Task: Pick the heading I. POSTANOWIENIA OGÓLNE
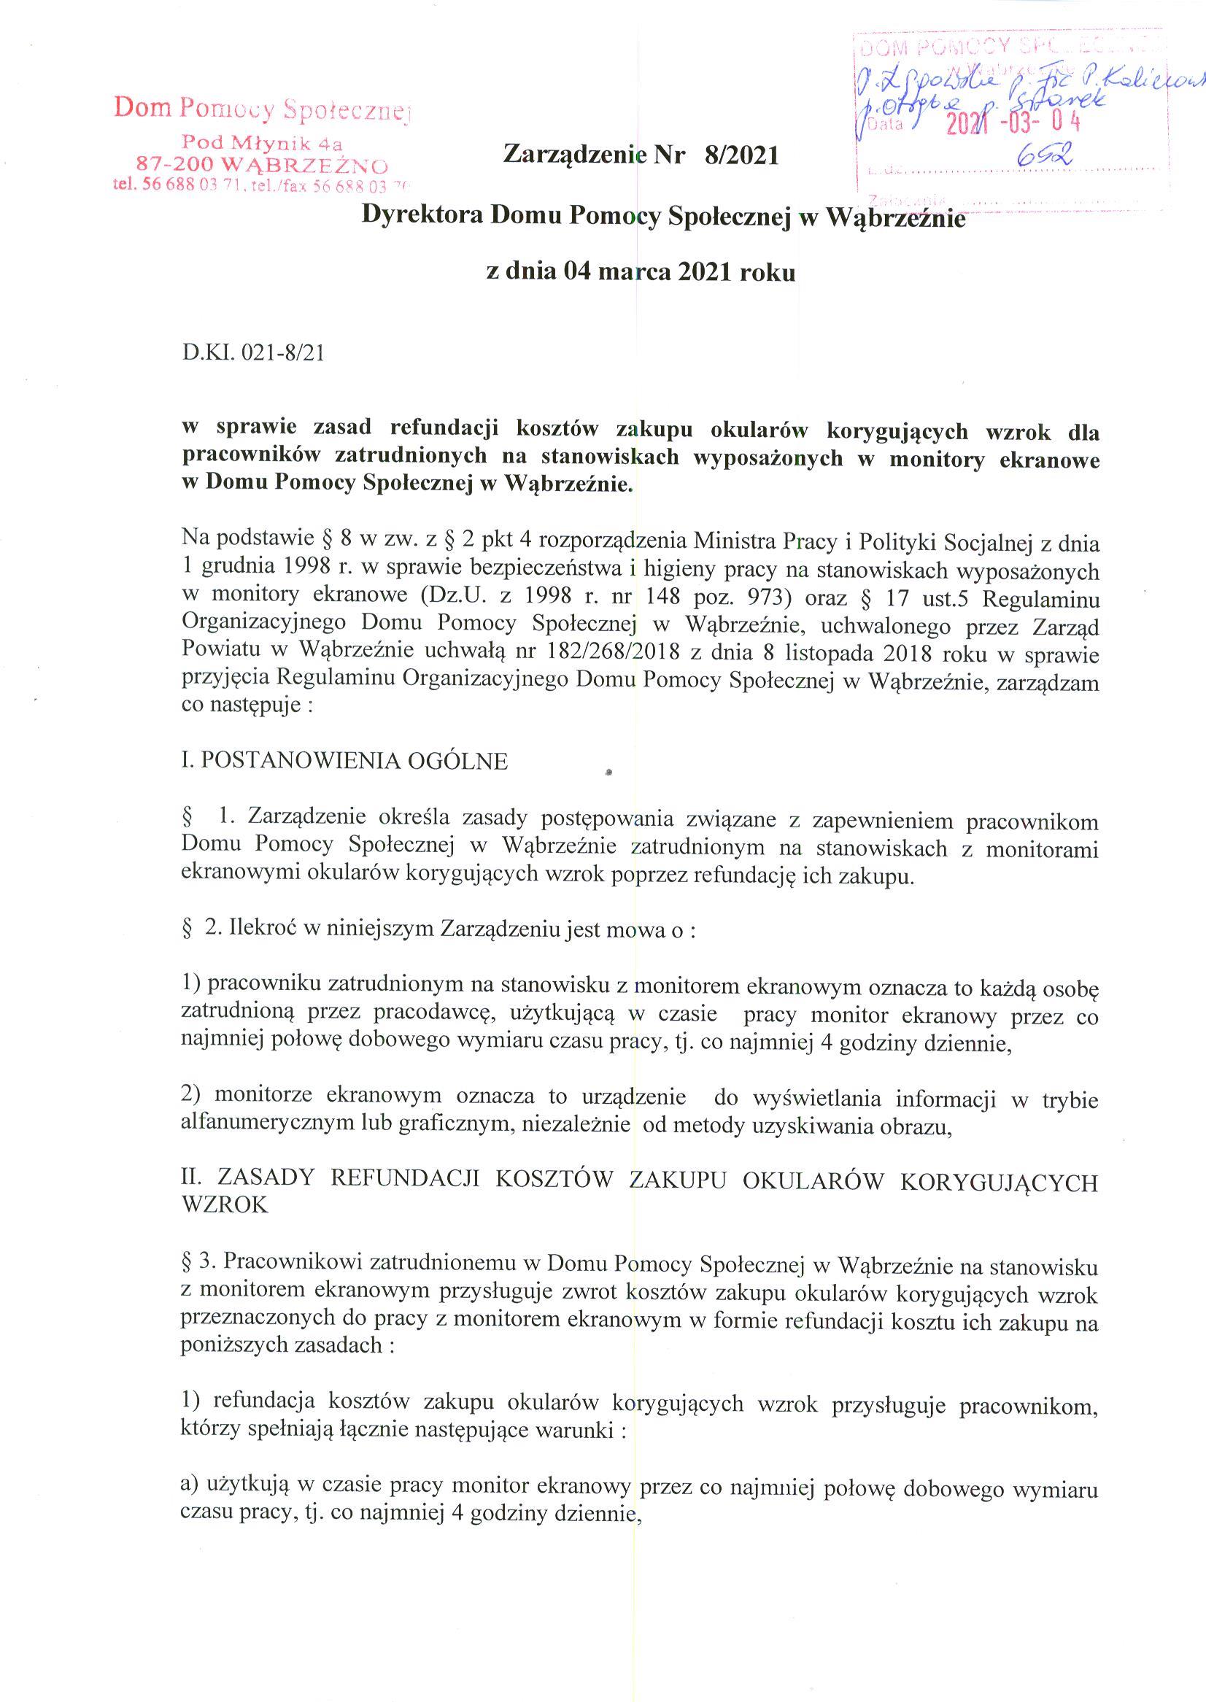(x=344, y=761)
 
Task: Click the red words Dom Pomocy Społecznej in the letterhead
(x=261, y=109)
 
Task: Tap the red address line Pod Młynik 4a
(x=262, y=142)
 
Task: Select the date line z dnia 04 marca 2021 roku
(x=640, y=273)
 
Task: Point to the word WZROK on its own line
(x=223, y=1204)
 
